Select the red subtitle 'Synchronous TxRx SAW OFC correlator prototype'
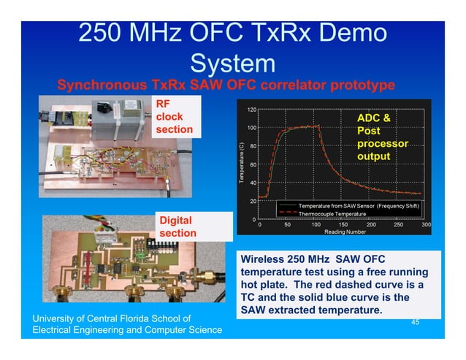click(x=226, y=85)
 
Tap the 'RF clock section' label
click(x=175, y=116)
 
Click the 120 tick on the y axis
click(x=251, y=110)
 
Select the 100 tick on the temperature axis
click(x=251, y=128)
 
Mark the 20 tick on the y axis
click(x=252, y=200)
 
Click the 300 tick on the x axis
click(x=427, y=225)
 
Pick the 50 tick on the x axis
click(x=288, y=225)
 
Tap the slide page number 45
click(x=415, y=321)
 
